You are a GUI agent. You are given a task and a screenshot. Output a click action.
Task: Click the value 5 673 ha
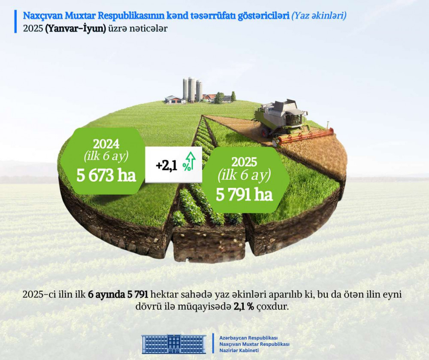click(106, 175)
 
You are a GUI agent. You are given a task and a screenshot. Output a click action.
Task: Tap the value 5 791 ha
click(245, 195)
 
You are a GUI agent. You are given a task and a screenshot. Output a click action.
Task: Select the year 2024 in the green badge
click(106, 144)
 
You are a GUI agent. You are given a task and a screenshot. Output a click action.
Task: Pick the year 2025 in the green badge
click(245, 162)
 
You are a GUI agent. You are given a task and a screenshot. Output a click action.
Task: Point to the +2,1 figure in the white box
click(166, 166)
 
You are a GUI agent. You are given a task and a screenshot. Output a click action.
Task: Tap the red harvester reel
click(305, 136)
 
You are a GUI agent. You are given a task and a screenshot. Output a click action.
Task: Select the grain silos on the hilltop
click(192, 89)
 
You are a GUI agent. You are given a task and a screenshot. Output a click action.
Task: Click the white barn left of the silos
click(174, 100)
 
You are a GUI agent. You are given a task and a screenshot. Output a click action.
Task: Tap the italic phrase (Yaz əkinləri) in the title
click(319, 16)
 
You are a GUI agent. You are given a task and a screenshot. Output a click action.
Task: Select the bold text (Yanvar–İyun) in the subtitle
click(76, 28)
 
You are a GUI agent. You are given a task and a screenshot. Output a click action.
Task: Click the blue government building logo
click(174, 344)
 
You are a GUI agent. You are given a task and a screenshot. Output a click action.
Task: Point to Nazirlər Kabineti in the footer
click(239, 351)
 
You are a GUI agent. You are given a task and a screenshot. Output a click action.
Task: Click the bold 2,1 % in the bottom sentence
click(244, 307)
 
